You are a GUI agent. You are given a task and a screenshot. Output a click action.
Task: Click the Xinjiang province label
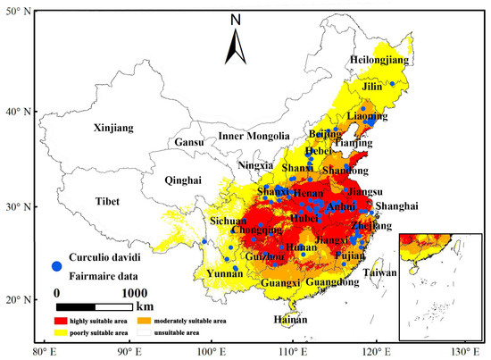pos(113,129)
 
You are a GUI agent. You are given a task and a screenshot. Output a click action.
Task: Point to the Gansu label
pos(188,142)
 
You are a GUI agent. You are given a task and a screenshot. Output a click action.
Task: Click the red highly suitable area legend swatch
pos(62,320)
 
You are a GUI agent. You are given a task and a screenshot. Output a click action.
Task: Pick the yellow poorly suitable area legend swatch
pos(62,331)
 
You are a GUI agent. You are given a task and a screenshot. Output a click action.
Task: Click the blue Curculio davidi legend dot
pos(57,266)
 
